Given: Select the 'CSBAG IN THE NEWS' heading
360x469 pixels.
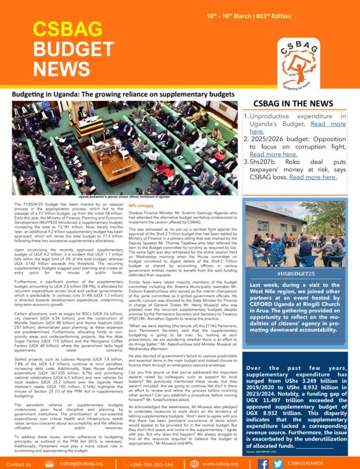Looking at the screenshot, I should pyautogui.click(x=293, y=103).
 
